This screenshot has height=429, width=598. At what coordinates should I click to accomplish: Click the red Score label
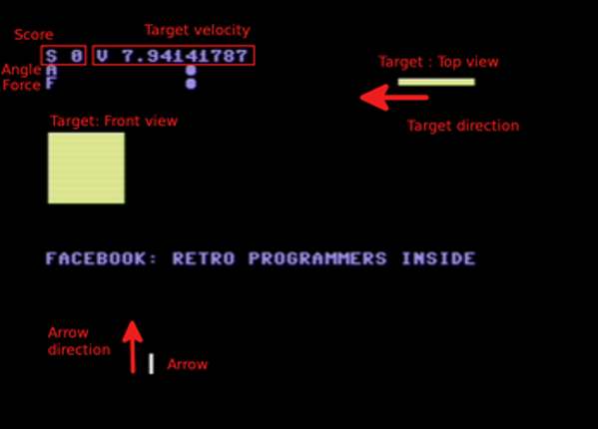pyautogui.click(x=34, y=35)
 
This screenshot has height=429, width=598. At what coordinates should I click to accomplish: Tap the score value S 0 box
pyautogui.click(x=63, y=55)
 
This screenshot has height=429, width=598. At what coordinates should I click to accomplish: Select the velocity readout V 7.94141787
pyautogui.click(x=173, y=56)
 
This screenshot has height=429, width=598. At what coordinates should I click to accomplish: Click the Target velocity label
pyautogui.click(x=198, y=31)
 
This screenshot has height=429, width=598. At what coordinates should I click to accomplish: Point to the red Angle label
pyautogui.click(x=21, y=70)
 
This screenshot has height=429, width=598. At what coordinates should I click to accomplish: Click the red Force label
pyautogui.click(x=21, y=85)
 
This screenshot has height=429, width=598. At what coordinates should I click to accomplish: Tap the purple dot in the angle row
pyautogui.click(x=191, y=70)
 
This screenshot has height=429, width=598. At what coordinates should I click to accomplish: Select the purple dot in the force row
pyautogui.click(x=191, y=84)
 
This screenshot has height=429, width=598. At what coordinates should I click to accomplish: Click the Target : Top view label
pyautogui.click(x=438, y=62)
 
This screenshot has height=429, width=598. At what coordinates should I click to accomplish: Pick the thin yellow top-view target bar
pyautogui.click(x=436, y=82)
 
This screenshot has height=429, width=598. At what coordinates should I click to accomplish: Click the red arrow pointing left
pyautogui.click(x=394, y=98)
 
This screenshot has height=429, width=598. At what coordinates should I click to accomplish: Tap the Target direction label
pyautogui.click(x=463, y=126)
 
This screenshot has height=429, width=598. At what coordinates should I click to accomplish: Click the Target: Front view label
pyautogui.click(x=114, y=121)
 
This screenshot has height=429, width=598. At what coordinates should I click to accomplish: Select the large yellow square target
pyautogui.click(x=86, y=168)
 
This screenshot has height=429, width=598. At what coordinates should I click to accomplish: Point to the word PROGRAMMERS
pyautogui.click(x=317, y=258)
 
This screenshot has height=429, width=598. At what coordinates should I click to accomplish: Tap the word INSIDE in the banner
pyautogui.click(x=438, y=258)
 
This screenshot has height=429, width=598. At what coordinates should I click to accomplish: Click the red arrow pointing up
pyautogui.click(x=133, y=347)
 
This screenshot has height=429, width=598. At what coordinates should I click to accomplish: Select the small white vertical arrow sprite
pyautogui.click(x=151, y=364)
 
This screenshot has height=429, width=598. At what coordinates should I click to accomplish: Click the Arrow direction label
pyautogui.click(x=79, y=341)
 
